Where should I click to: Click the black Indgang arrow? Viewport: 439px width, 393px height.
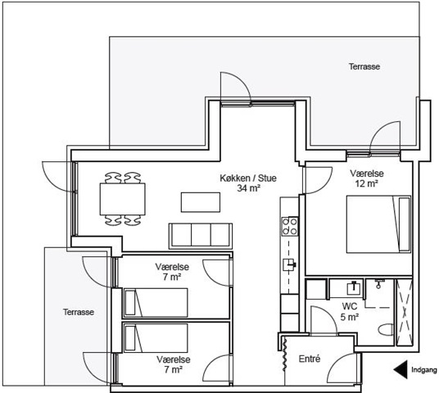click(401, 369)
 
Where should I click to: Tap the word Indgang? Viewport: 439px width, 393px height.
click(424, 370)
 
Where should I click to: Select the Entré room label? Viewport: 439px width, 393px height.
click(310, 359)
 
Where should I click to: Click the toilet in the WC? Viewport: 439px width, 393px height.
click(386, 330)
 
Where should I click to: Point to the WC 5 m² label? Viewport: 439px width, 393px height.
click(350, 312)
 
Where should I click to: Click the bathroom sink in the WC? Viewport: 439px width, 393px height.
click(354, 287)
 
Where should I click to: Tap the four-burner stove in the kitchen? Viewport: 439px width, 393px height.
click(289, 226)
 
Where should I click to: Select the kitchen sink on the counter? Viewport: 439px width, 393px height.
click(289, 264)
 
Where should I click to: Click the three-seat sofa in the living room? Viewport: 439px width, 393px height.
click(201, 236)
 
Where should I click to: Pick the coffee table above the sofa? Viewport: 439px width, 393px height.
click(201, 202)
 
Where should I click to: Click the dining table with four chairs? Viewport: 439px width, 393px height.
click(123, 199)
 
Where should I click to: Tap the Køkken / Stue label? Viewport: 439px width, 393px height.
click(248, 183)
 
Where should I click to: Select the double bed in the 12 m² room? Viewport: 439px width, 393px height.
click(378, 224)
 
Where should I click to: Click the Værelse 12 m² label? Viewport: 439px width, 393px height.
click(367, 178)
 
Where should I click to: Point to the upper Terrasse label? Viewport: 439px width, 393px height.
click(364, 66)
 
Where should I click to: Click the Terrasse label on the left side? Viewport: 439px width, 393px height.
click(79, 312)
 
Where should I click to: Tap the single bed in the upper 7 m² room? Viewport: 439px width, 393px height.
click(156, 303)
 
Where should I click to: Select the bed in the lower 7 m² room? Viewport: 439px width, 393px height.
click(156, 338)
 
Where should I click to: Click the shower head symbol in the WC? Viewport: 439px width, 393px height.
click(378, 284)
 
